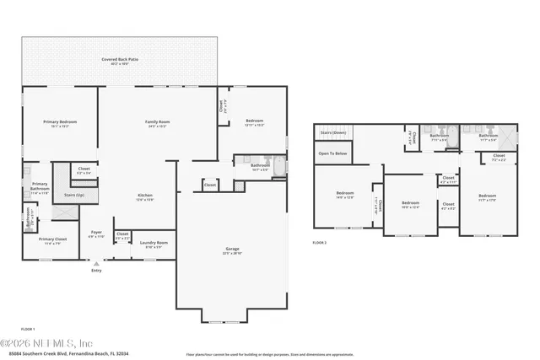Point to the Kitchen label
pyautogui.click(x=145, y=196)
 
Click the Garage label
pyautogui.click(x=232, y=249)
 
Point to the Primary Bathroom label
pyautogui.click(x=40, y=186)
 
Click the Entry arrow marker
pyautogui.click(x=95, y=264)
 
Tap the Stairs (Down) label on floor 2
pyautogui.click(x=333, y=132)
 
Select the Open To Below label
pyautogui.click(x=332, y=153)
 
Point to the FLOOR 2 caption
pyautogui.click(x=319, y=242)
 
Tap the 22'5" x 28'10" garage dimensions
pyautogui.click(x=232, y=254)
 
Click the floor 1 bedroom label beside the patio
pyautogui.click(x=255, y=121)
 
